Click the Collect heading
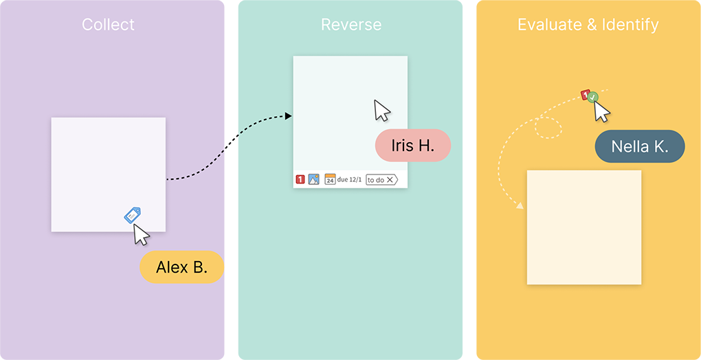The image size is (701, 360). pos(108,25)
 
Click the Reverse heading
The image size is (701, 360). pos(350,25)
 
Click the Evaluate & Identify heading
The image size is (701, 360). pos(588,25)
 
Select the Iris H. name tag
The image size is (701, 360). pos(412,146)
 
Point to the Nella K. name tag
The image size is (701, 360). pos(639,146)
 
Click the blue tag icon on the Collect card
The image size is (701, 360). pos(132,215)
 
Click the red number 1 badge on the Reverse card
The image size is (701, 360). pos(300,179)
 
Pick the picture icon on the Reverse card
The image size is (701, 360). pos(313,179)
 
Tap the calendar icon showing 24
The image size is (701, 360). pos(330,179)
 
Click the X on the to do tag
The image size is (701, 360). pos(390,179)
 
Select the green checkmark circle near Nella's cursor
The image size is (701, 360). pos(592,98)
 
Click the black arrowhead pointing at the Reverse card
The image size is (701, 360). pos(289,116)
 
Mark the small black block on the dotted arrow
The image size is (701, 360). pos(231,142)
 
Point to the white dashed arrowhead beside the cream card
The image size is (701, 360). pos(520,205)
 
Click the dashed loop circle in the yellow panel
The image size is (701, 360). pos(548,127)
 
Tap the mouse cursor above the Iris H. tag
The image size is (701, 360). pos(382,111)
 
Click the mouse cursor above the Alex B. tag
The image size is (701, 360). pos(142,235)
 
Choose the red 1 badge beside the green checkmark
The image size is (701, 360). pos(585,94)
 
